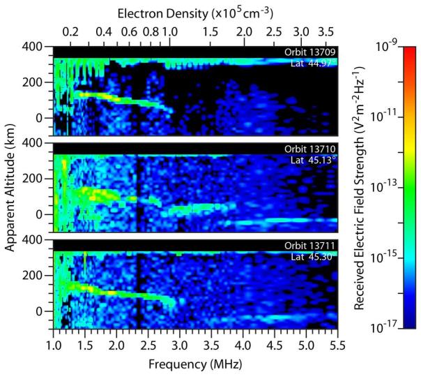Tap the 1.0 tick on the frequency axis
pos(54,345)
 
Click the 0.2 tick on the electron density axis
pos(70,33)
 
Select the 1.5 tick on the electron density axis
pos(207,33)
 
